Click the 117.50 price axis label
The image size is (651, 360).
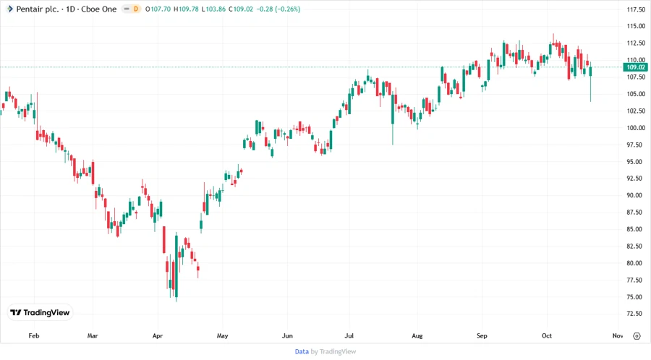tap(636, 9)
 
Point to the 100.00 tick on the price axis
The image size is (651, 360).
tap(636, 128)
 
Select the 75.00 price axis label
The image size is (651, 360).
tap(636, 297)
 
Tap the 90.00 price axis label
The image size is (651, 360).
tap(636, 195)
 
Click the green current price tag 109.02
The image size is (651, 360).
tap(636, 67)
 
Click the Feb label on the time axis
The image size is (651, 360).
tap(33, 336)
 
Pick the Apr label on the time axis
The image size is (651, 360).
tap(158, 336)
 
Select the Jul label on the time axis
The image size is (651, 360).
tap(349, 336)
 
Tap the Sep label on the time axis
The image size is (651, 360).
tap(482, 336)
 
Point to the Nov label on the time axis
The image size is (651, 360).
tap(617, 336)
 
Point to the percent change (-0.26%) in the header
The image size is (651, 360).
tap(286, 9)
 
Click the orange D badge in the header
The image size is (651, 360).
tap(135, 9)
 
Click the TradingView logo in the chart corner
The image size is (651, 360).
tap(40, 313)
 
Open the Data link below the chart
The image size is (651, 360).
tap(302, 351)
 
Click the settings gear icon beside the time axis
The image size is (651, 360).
tap(636, 336)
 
